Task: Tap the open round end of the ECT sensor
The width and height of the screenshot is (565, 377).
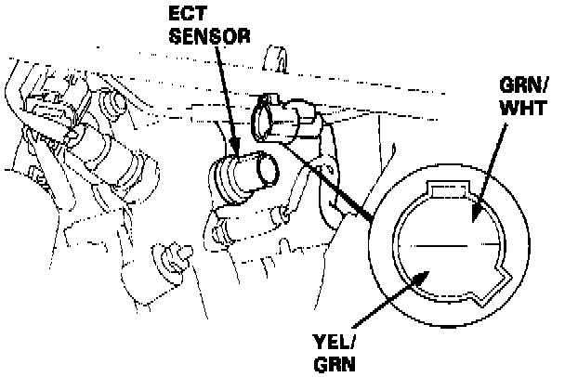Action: tap(269, 170)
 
